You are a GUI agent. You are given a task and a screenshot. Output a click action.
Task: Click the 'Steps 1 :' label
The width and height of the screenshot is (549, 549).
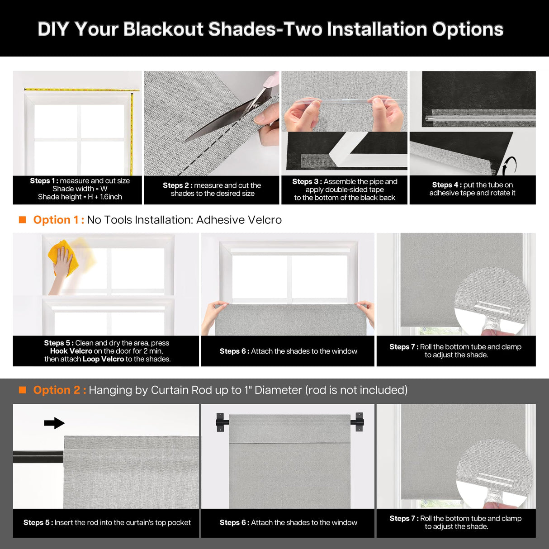click(x=44, y=181)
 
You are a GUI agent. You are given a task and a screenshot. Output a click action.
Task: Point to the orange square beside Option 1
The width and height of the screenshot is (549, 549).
click(x=22, y=220)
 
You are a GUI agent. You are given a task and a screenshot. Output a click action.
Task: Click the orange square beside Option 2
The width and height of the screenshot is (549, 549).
click(x=22, y=390)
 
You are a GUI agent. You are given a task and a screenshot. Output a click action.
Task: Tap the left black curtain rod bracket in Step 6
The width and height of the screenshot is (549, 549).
click(x=221, y=422)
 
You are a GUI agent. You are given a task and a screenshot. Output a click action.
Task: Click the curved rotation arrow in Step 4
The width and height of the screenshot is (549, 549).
click(x=510, y=165)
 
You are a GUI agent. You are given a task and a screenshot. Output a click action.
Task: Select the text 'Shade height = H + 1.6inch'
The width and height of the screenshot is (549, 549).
click(x=80, y=197)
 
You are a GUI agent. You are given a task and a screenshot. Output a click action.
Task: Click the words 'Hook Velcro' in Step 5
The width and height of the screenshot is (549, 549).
click(x=71, y=351)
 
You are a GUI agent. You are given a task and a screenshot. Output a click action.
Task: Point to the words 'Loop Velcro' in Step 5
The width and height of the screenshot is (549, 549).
click(x=103, y=359)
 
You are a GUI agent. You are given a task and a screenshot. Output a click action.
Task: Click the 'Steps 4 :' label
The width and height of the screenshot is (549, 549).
click(x=446, y=185)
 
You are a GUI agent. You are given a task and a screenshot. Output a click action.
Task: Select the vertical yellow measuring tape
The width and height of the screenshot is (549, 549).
click(x=132, y=131)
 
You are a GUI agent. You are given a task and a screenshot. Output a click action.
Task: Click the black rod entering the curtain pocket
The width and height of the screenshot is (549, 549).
click(x=38, y=457)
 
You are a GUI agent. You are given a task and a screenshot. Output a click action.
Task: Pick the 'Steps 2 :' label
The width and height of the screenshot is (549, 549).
click(x=177, y=185)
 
